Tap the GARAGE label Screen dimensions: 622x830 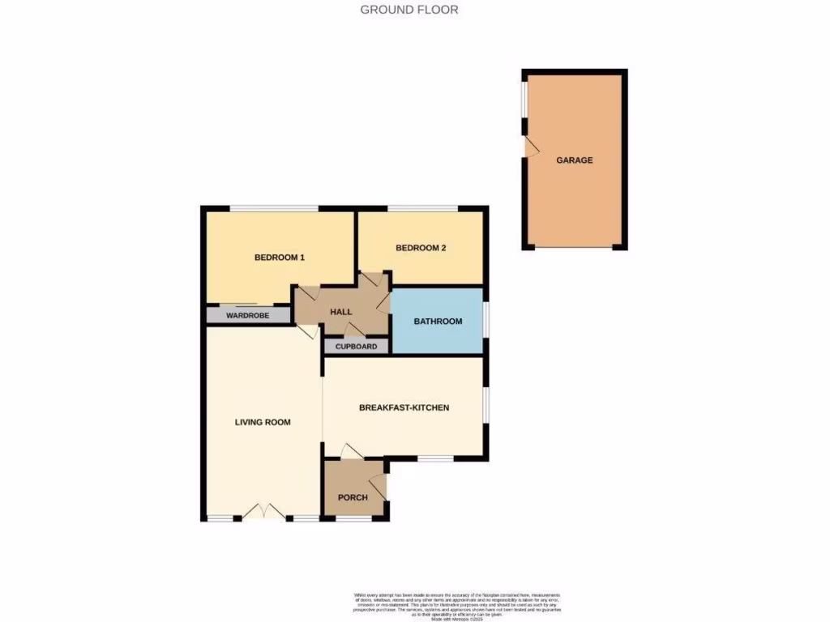coord(574,160)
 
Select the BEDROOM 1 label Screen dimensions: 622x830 coord(280,258)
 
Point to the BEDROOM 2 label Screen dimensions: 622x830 coord(421,249)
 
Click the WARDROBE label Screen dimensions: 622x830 coord(247,316)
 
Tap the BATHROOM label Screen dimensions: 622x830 coord(438,322)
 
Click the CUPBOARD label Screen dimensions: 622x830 coord(356,347)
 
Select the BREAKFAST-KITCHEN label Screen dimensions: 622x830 coord(404,407)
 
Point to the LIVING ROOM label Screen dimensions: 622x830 coord(263,422)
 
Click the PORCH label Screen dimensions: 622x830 coord(353,497)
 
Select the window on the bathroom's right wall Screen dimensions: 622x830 coord(486,318)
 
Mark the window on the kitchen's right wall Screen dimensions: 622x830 coord(486,402)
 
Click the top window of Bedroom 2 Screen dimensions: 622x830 coord(422,209)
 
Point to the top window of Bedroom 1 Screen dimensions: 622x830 coord(273,209)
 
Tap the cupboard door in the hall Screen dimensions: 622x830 coord(354,330)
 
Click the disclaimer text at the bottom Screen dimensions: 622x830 coord(459,605)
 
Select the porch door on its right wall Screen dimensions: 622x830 coord(382,486)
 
